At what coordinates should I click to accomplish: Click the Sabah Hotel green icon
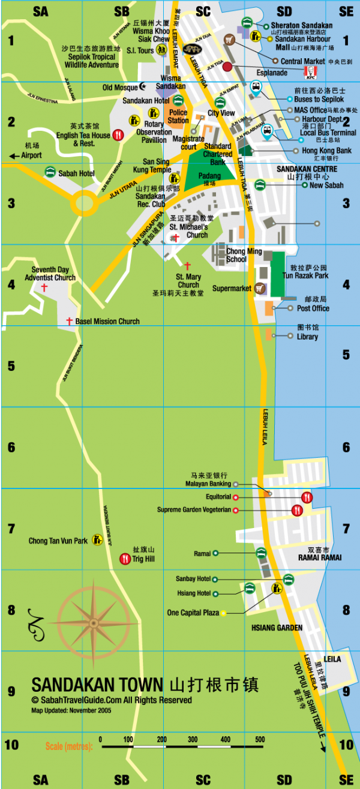[x=50, y=173]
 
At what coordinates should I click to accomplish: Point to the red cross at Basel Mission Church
[x=69, y=322]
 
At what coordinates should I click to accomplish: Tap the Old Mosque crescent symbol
[x=142, y=88]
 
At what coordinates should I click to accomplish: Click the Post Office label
[x=313, y=308]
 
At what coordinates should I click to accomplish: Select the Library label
[x=307, y=337]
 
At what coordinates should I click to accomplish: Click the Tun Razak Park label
[x=305, y=276]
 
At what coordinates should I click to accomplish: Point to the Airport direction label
[x=31, y=155]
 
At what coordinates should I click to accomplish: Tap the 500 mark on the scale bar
[x=260, y=739]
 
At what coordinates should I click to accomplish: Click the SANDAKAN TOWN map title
[x=97, y=685]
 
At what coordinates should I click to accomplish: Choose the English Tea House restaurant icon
[x=118, y=135]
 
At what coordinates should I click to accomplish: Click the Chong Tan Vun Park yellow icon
[x=97, y=541]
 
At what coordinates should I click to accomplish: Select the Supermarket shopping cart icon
[x=260, y=289]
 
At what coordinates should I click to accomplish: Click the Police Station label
[x=178, y=116]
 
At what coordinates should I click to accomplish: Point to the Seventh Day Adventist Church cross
[x=44, y=288]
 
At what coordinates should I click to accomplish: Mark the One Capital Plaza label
[x=193, y=613]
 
